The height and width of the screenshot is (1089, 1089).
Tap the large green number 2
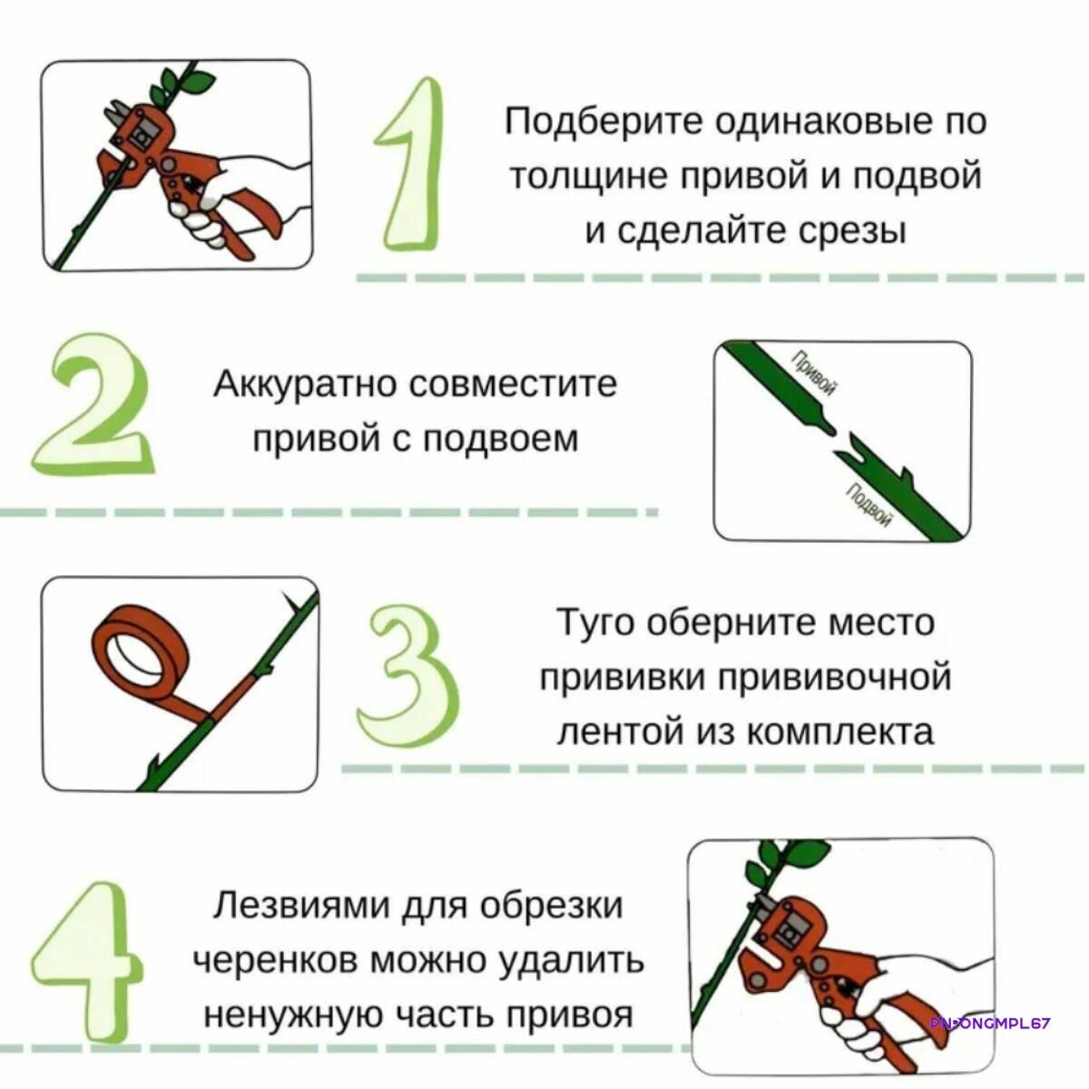[93, 404]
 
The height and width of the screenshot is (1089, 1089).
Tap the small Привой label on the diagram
[814, 375]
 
